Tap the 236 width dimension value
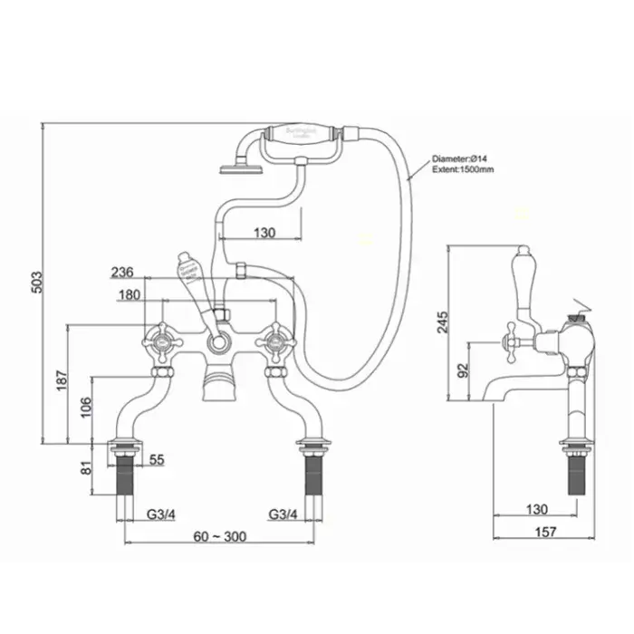123,272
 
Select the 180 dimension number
129,294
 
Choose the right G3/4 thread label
283,515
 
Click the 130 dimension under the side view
537,510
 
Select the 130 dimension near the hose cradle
263,233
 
